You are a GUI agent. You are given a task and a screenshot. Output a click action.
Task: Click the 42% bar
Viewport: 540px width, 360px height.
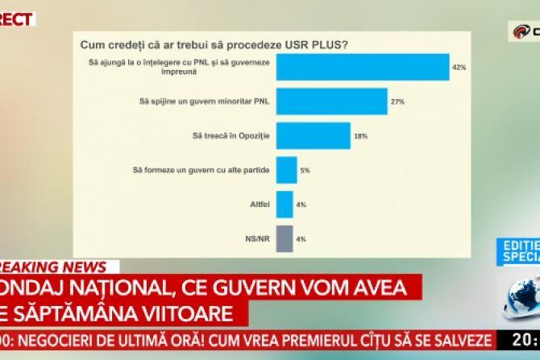(x=362, y=67)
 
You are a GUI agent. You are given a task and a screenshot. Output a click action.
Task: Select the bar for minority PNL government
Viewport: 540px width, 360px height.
(x=332, y=101)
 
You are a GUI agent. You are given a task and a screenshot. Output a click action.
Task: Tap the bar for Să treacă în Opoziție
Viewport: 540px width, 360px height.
(x=313, y=136)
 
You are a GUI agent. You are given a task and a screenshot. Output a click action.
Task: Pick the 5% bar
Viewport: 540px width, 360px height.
(x=286, y=170)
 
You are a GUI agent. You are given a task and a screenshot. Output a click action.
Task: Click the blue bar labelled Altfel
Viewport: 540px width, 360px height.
(x=285, y=205)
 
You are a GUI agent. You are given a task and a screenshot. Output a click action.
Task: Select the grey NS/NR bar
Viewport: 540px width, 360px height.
(x=285, y=239)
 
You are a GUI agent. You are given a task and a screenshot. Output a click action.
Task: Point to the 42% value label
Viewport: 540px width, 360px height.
(x=459, y=67)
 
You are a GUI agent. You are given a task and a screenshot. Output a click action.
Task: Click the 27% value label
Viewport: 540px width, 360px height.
(x=397, y=101)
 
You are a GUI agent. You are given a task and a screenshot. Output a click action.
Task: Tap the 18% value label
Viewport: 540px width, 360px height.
(x=360, y=136)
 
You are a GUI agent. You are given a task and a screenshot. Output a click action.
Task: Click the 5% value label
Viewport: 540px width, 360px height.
(x=305, y=170)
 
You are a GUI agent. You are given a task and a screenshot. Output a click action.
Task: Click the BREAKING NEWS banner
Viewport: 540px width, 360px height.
(x=52, y=267)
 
